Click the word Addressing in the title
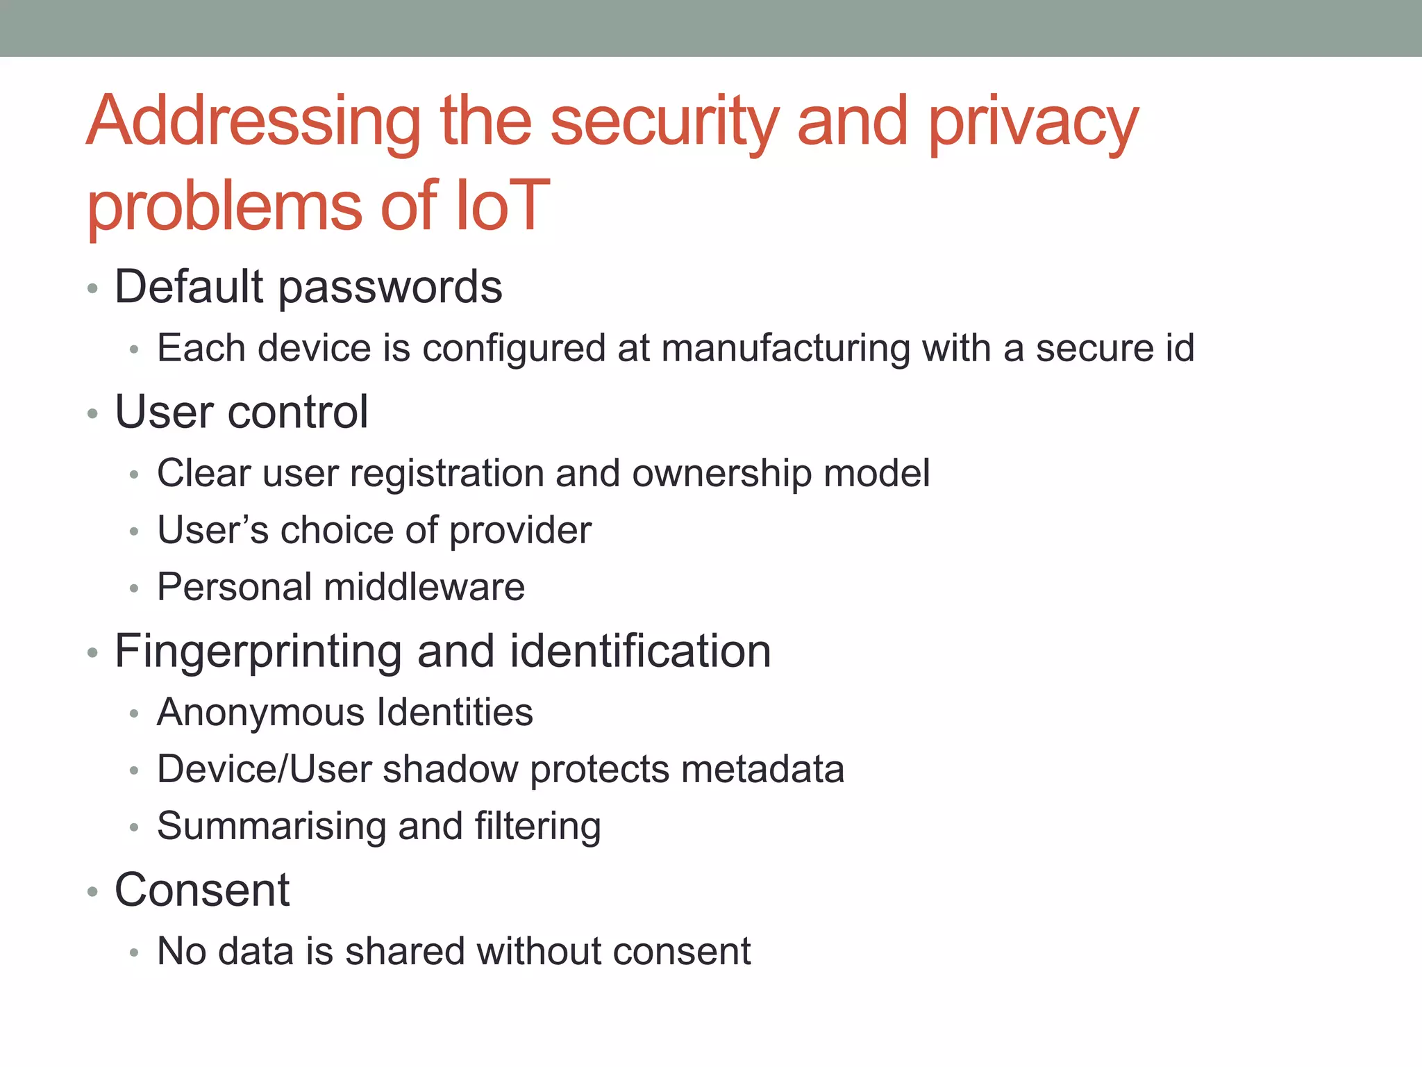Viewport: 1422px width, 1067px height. [x=253, y=123]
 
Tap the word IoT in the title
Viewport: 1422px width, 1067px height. [x=501, y=206]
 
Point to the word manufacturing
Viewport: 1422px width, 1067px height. [x=785, y=349]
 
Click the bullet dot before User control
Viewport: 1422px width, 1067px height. [x=92, y=415]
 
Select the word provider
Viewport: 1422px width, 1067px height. [x=520, y=531]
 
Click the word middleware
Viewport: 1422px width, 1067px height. [x=424, y=587]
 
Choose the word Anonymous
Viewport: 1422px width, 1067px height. [x=261, y=713]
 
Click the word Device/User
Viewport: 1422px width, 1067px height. [x=265, y=770]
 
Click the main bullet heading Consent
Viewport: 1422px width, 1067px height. [x=201, y=890]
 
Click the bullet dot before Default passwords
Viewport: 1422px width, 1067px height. [x=92, y=289]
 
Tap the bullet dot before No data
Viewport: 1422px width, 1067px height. [x=134, y=953]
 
